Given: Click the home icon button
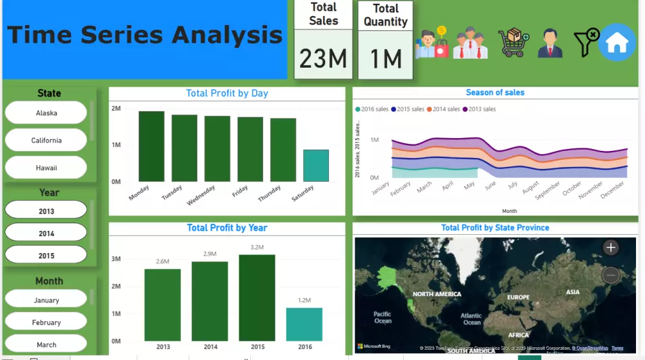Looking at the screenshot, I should [x=617, y=43].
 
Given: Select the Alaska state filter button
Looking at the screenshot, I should [x=46, y=113].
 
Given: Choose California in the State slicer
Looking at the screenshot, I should [x=46, y=140].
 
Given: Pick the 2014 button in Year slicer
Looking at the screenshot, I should [x=46, y=234].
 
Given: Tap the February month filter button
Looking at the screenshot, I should [x=46, y=322].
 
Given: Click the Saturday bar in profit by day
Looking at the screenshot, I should [x=315, y=166].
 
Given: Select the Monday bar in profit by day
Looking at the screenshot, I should [x=152, y=146].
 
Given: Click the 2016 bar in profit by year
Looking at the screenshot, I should [x=304, y=324].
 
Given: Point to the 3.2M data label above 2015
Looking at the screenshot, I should [x=257, y=247].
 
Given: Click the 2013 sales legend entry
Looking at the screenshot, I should [x=482, y=109].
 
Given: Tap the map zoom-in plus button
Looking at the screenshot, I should [x=610, y=247].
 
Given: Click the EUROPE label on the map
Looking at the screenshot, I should [x=518, y=297].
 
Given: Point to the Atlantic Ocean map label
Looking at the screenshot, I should [x=471, y=319].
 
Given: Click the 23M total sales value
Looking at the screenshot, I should [x=323, y=59].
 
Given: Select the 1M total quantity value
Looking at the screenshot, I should [x=386, y=59].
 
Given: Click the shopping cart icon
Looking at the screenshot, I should [x=513, y=43].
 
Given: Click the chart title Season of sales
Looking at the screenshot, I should [x=495, y=92].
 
